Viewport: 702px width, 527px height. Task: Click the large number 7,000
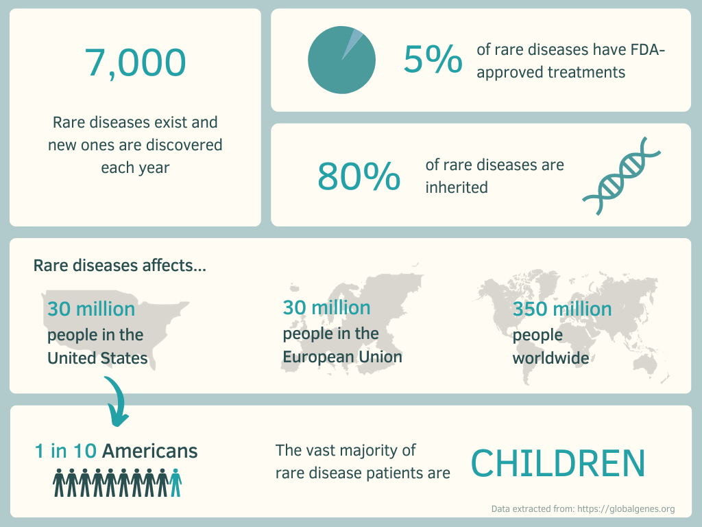(x=135, y=63)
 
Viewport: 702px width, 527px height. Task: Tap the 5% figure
(x=433, y=59)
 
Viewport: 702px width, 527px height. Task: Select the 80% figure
(x=359, y=176)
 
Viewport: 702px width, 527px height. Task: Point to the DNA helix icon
(x=621, y=176)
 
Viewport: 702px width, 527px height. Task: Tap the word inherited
(x=456, y=187)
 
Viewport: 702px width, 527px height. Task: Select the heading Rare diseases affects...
(x=119, y=266)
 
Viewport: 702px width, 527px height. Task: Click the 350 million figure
(x=562, y=309)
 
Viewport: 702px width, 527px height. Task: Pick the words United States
(x=97, y=358)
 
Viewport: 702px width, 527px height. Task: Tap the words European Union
(x=343, y=357)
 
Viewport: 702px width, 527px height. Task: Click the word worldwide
(x=550, y=358)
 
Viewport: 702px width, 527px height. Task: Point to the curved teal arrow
(x=117, y=400)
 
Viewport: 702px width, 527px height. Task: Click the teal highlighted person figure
(x=175, y=482)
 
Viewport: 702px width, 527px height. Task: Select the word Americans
(x=150, y=452)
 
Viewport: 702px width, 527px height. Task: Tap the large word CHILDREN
(x=558, y=463)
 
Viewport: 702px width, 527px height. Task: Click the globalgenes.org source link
(x=626, y=509)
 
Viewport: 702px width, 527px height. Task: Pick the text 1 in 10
(x=65, y=452)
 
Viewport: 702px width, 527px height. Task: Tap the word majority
(x=368, y=450)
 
